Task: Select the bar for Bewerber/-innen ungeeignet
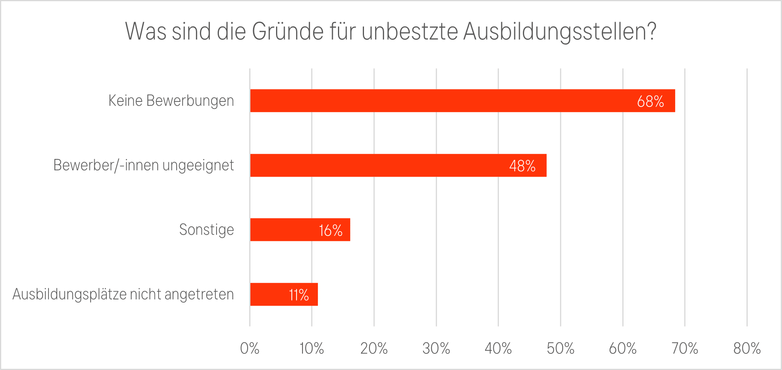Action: pos(379,165)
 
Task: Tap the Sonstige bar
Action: pos(284,230)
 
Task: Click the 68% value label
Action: pos(650,102)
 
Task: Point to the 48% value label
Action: pos(522,166)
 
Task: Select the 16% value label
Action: pos(330,231)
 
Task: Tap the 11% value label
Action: pos(299,295)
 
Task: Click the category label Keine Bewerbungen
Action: pos(171,101)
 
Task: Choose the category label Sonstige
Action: pos(206,230)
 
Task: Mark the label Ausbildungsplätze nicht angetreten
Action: pos(123,295)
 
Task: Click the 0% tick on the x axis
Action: pos(250,349)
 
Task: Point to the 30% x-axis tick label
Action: pos(436,349)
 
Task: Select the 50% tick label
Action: pos(560,349)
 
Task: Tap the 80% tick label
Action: pos(747,349)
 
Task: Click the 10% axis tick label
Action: pos(312,349)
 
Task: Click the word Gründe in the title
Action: pos(288,32)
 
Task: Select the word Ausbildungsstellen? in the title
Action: pos(560,32)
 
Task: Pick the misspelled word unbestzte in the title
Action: pos(410,32)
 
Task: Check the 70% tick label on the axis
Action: pos(685,349)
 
